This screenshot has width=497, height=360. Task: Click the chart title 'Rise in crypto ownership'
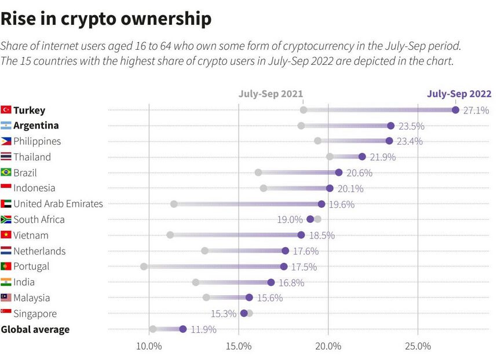click(x=106, y=19)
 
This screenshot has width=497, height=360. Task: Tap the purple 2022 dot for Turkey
click(x=455, y=110)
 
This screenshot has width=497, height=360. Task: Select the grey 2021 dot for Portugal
click(x=144, y=266)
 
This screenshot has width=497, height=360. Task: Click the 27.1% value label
click(x=476, y=110)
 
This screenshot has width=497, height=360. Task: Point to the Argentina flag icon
click(x=6, y=126)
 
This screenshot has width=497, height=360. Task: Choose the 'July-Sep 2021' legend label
click(x=271, y=94)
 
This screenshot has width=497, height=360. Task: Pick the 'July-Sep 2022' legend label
click(x=459, y=94)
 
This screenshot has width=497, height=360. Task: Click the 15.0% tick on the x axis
click(x=239, y=346)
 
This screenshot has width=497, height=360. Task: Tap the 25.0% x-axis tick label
click(x=418, y=346)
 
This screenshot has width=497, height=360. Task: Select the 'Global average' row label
click(x=35, y=329)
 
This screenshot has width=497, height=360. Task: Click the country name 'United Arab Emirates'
click(x=58, y=204)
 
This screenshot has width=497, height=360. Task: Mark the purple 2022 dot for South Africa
click(x=310, y=219)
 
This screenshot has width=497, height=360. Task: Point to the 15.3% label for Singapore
click(x=224, y=314)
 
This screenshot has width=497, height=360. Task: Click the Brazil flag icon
click(x=6, y=172)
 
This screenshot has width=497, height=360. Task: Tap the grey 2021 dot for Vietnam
click(x=170, y=235)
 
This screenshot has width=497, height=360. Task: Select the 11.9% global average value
click(x=203, y=329)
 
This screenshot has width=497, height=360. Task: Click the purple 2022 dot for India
click(x=271, y=282)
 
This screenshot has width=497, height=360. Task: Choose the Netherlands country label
click(x=39, y=251)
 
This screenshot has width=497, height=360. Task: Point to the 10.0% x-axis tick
click(x=149, y=346)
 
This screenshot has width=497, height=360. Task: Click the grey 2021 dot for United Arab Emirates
click(x=174, y=204)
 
